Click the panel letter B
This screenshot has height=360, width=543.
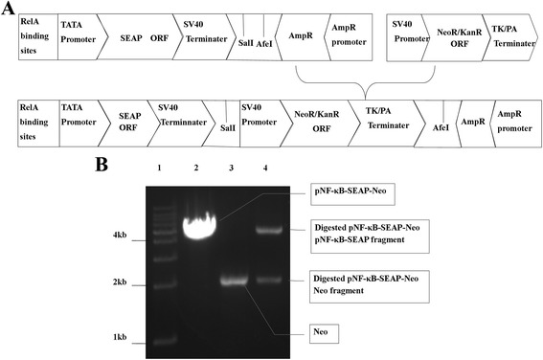pyautogui.click(x=101, y=165)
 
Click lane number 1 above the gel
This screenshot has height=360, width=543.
pyautogui.click(x=162, y=169)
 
